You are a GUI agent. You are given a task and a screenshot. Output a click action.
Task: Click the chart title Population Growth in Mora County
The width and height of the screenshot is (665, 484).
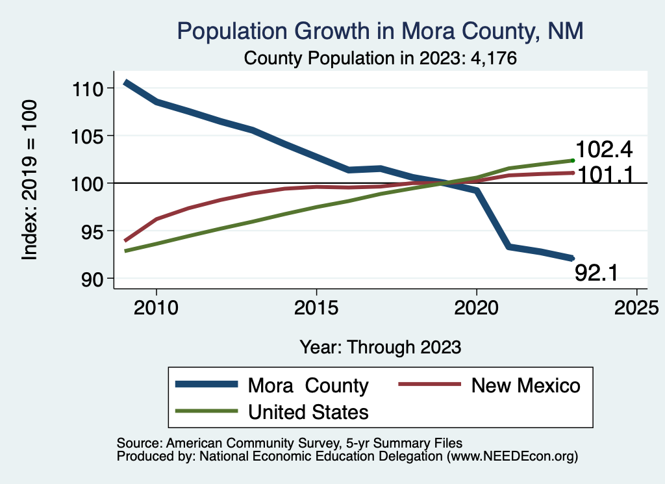click(380, 31)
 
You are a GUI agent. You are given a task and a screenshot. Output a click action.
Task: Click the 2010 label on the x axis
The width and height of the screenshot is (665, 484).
click(157, 306)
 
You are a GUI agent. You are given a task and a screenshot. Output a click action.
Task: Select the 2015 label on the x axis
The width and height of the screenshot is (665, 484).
click(316, 306)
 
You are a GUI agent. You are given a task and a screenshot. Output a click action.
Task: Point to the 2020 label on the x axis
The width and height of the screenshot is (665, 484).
click(477, 306)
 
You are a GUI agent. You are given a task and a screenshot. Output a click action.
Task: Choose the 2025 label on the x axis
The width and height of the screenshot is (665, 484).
click(636, 306)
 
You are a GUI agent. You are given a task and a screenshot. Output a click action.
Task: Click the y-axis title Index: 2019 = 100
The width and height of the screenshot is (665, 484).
click(30, 181)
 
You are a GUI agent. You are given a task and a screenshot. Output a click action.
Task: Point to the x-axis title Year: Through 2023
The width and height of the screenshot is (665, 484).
click(381, 347)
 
